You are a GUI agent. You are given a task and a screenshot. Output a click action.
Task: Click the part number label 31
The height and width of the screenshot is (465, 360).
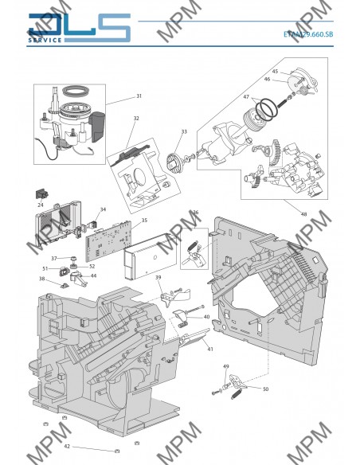[139, 96]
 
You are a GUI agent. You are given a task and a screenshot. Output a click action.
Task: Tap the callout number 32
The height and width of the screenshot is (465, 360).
[136, 118]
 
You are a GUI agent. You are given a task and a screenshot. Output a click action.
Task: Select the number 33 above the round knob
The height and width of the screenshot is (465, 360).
[184, 131]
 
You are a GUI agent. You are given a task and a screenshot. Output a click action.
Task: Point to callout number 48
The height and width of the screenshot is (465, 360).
[303, 214]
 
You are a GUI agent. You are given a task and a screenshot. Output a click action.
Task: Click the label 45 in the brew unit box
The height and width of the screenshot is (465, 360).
[275, 71]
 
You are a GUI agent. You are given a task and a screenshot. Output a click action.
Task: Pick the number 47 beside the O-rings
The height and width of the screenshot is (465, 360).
[246, 96]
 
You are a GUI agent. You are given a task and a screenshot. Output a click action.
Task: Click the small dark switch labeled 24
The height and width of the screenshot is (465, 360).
[41, 194]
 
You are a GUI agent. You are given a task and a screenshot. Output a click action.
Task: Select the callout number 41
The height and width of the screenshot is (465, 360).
[210, 349]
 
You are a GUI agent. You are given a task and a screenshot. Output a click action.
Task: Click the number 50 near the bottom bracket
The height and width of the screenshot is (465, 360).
[265, 389]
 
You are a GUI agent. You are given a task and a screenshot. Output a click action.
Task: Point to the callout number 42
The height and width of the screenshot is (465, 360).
[67, 447]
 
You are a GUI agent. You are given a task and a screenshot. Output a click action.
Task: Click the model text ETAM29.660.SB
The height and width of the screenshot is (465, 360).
[308, 34]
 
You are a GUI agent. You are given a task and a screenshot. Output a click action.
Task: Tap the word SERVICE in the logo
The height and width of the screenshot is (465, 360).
[45, 40]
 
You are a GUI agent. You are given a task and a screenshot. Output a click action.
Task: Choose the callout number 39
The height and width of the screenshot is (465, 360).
[158, 277]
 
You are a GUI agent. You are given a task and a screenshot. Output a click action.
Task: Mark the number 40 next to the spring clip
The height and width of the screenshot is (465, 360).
[206, 317]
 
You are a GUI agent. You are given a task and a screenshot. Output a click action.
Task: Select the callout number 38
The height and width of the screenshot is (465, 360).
[42, 279]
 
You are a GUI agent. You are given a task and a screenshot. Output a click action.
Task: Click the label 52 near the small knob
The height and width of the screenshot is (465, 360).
[92, 266]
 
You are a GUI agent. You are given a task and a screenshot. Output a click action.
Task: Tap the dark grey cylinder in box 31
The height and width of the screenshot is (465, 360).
[97, 126]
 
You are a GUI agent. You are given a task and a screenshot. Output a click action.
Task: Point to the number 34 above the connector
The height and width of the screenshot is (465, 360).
[103, 209]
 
